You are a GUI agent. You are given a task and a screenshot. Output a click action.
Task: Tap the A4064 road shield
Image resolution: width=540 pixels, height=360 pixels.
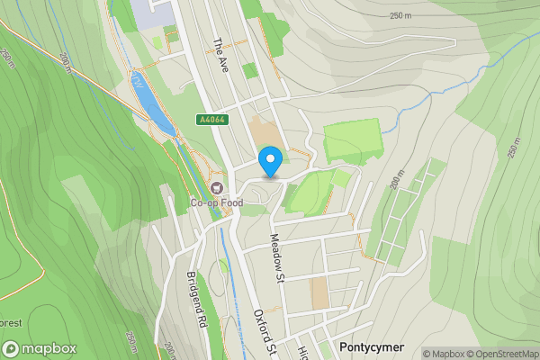tap(212, 120)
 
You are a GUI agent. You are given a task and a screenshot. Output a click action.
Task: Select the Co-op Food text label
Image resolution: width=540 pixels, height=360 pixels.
tap(216, 203)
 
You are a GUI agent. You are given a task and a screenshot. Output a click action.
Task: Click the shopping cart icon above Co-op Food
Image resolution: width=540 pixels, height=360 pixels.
tap(216, 188)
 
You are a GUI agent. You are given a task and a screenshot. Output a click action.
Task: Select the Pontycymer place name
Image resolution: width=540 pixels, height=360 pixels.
tap(373, 347)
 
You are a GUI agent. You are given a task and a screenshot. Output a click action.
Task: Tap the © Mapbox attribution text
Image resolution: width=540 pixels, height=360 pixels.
tap(444, 354)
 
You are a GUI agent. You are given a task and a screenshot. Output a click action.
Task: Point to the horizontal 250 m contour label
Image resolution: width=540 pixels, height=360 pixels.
tap(401, 16)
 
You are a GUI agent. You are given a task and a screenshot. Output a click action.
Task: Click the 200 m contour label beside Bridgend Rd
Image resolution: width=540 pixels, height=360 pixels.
tap(167, 350)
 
